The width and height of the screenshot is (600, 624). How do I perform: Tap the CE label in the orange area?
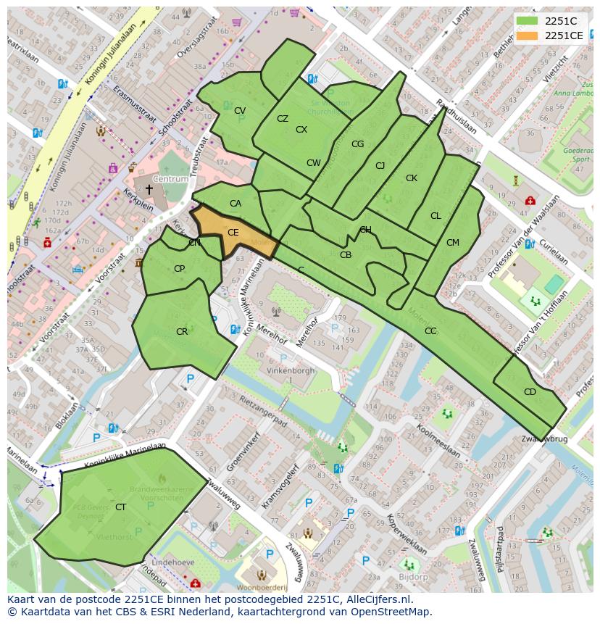click(233, 233)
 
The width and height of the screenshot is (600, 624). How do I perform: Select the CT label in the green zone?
click(120, 507)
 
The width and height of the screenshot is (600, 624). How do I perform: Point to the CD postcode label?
click(530, 392)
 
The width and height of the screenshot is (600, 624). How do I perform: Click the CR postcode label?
click(182, 332)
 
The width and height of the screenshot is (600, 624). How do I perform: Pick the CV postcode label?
click(240, 111)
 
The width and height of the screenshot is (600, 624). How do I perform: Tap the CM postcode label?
click(453, 243)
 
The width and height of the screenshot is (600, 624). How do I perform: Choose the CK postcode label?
click(412, 178)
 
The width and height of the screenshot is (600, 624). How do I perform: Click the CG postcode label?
click(357, 144)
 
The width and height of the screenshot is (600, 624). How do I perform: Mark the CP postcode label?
click(179, 269)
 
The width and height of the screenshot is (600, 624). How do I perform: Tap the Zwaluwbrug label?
click(545, 439)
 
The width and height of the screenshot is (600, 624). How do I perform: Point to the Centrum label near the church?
click(170, 178)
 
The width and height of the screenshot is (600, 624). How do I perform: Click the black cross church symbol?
click(149, 190)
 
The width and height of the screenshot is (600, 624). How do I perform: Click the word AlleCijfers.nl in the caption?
click(377, 599)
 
